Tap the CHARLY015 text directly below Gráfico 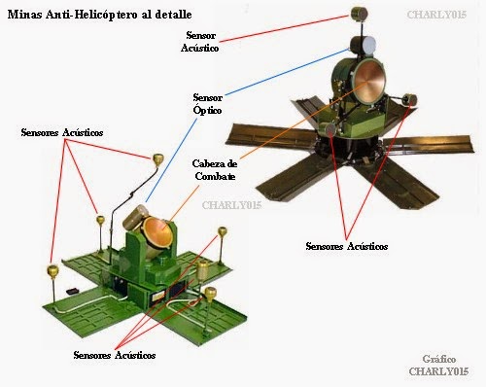click(x=442, y=371)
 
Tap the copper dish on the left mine click(x=155, y=231)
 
